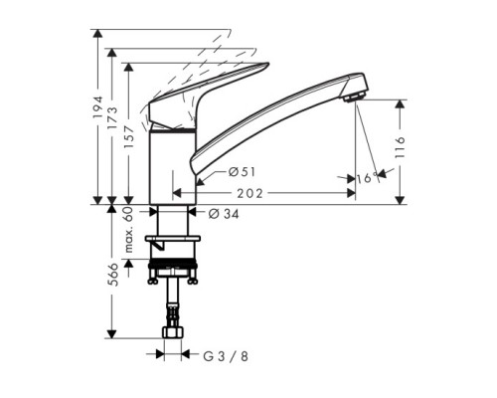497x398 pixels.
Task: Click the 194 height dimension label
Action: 97,107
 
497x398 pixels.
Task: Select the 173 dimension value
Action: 112,118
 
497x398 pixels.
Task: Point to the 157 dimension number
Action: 129,137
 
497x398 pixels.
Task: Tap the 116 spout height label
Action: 401,146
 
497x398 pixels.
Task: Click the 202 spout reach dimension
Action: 249,193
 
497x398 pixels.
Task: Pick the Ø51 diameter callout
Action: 243,172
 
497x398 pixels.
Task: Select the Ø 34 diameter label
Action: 224,214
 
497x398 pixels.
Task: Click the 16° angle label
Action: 368,178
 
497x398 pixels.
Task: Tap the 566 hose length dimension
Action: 112,275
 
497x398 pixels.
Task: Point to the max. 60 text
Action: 129,230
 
